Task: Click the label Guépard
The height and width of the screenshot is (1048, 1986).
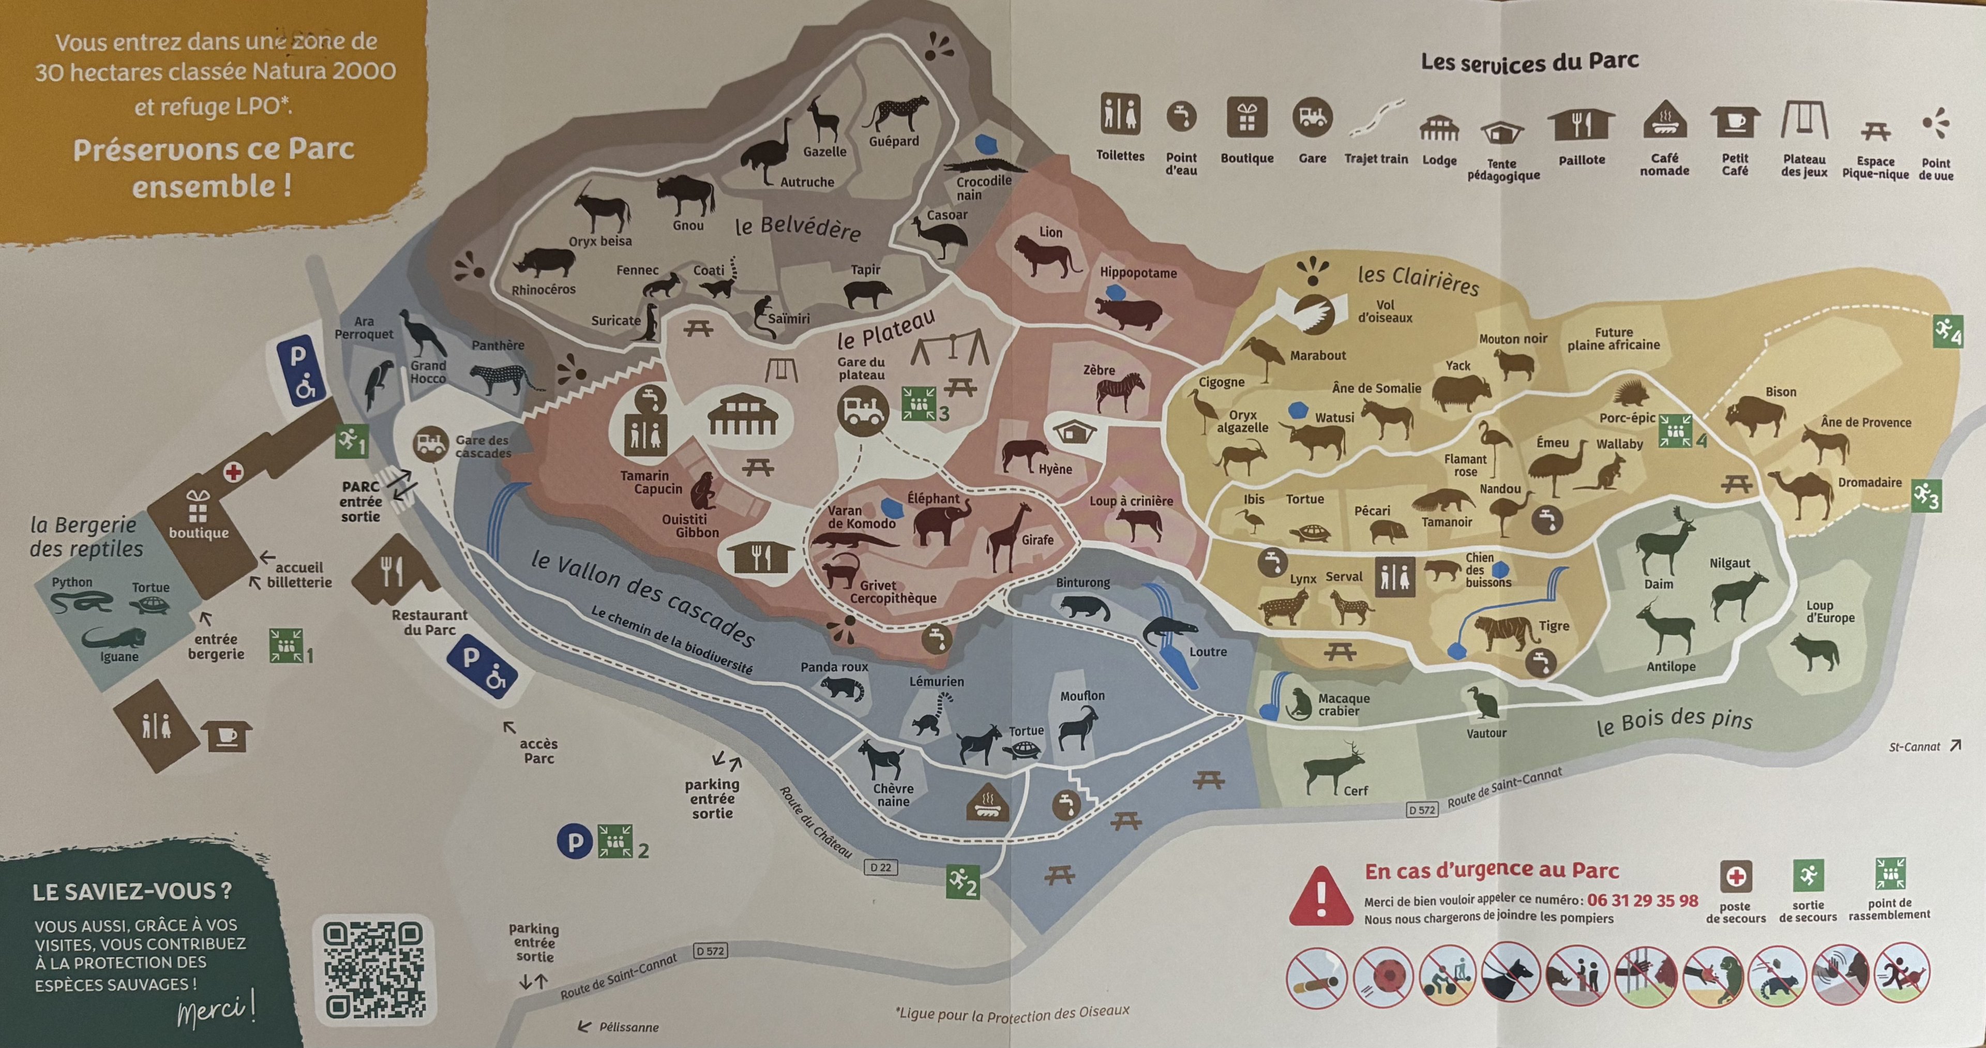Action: pyautogui.click(x=894, y=141)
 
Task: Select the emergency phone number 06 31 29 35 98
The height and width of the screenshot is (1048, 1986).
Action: pyautogui.click(x=1642, y=900)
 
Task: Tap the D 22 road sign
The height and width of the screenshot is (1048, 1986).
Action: pyautogui.click(x=880, y=867)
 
